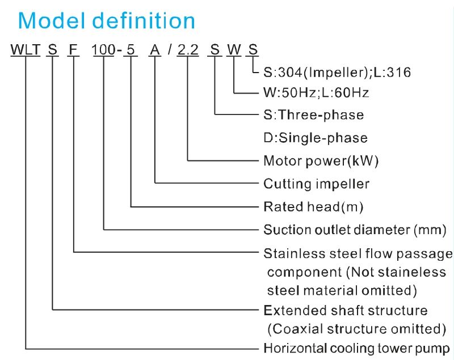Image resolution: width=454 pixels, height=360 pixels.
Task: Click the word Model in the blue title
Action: (x=52, y=20)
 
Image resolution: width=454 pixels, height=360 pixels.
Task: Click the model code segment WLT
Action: (x=25, y=49)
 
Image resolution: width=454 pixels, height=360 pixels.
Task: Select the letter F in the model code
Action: (x=73, y=49)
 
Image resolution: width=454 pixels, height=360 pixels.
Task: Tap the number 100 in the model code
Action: (x=104, y=49)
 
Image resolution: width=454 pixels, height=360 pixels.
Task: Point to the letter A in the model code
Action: (x=155, y=49)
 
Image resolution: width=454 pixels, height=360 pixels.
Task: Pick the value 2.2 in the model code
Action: (x=188, y=49)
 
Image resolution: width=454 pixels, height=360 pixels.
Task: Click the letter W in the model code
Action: (x=234, y=49)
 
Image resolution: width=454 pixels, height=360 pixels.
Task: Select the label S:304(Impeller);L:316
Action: (x=337, y=73)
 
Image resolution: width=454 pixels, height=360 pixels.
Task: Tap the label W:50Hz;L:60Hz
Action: (x=316, y=92)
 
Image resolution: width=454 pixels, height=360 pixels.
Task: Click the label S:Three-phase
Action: (x=314, y=115)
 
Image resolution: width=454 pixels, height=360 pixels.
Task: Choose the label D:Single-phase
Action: (x=316, y=138)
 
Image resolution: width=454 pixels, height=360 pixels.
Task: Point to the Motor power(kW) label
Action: (x=321, y=161)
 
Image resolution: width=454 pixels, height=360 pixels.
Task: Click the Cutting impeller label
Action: (x=317, y=184)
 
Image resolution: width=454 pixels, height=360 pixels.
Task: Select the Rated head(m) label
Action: (x=313, y=207)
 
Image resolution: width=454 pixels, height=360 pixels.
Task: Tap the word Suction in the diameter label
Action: (x=287, y=230)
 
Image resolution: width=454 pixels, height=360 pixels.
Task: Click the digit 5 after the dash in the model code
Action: (x=131, y=49)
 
